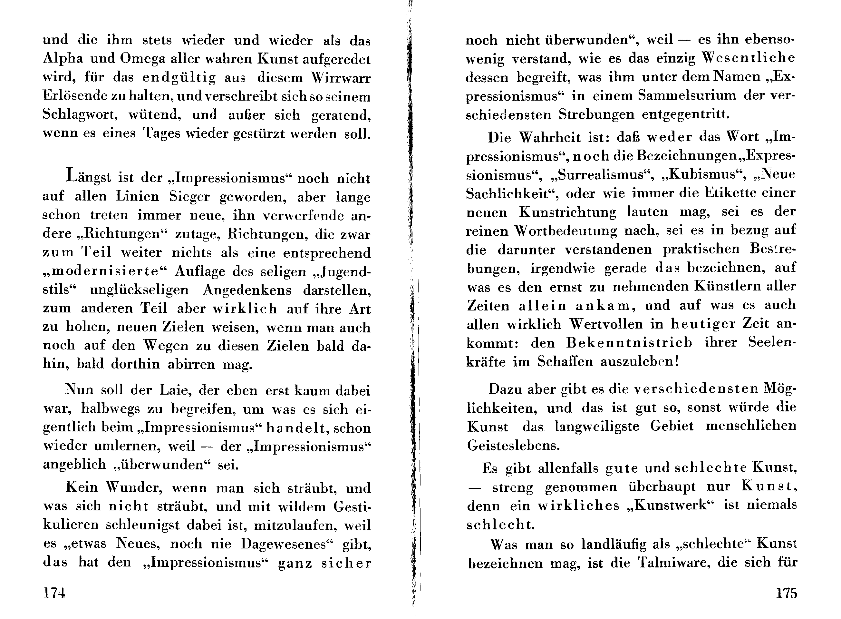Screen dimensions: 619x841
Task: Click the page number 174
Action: pyautogui.click(x=54, y=593)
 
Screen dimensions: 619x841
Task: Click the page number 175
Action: pyautogui.click(x=786, y=593)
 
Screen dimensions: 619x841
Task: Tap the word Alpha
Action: pyautogui.click(x=63, y=59)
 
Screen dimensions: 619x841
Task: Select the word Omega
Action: pyautogui.click(x=142, y=59)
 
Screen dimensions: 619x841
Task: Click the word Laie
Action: pyautogui.click(x=175, y=390)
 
